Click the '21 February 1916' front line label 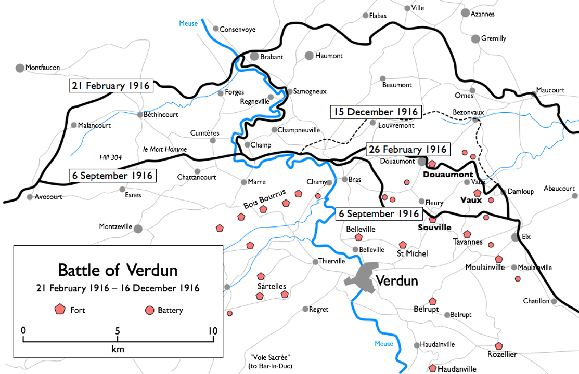tap(111, 86)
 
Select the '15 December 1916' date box tap(375, 112)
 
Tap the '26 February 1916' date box tap(407, 150)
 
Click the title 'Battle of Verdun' tap(118, 271)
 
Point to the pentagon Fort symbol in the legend tap(60, 310)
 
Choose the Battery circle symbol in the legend tap(149, 310)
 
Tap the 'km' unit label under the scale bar tap(118, 349)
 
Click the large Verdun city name tap(396, 280)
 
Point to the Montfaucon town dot tap(20, 68)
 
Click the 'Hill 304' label tap(110, 157)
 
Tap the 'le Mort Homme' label tap(164, 150)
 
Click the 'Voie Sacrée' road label tap(269, 357)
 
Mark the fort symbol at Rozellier tap(499, 346)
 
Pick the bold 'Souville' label tap(434, 228)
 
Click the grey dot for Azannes tap(465, 14)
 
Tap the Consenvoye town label tap(237, 30)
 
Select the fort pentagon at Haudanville tap(432, 368)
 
